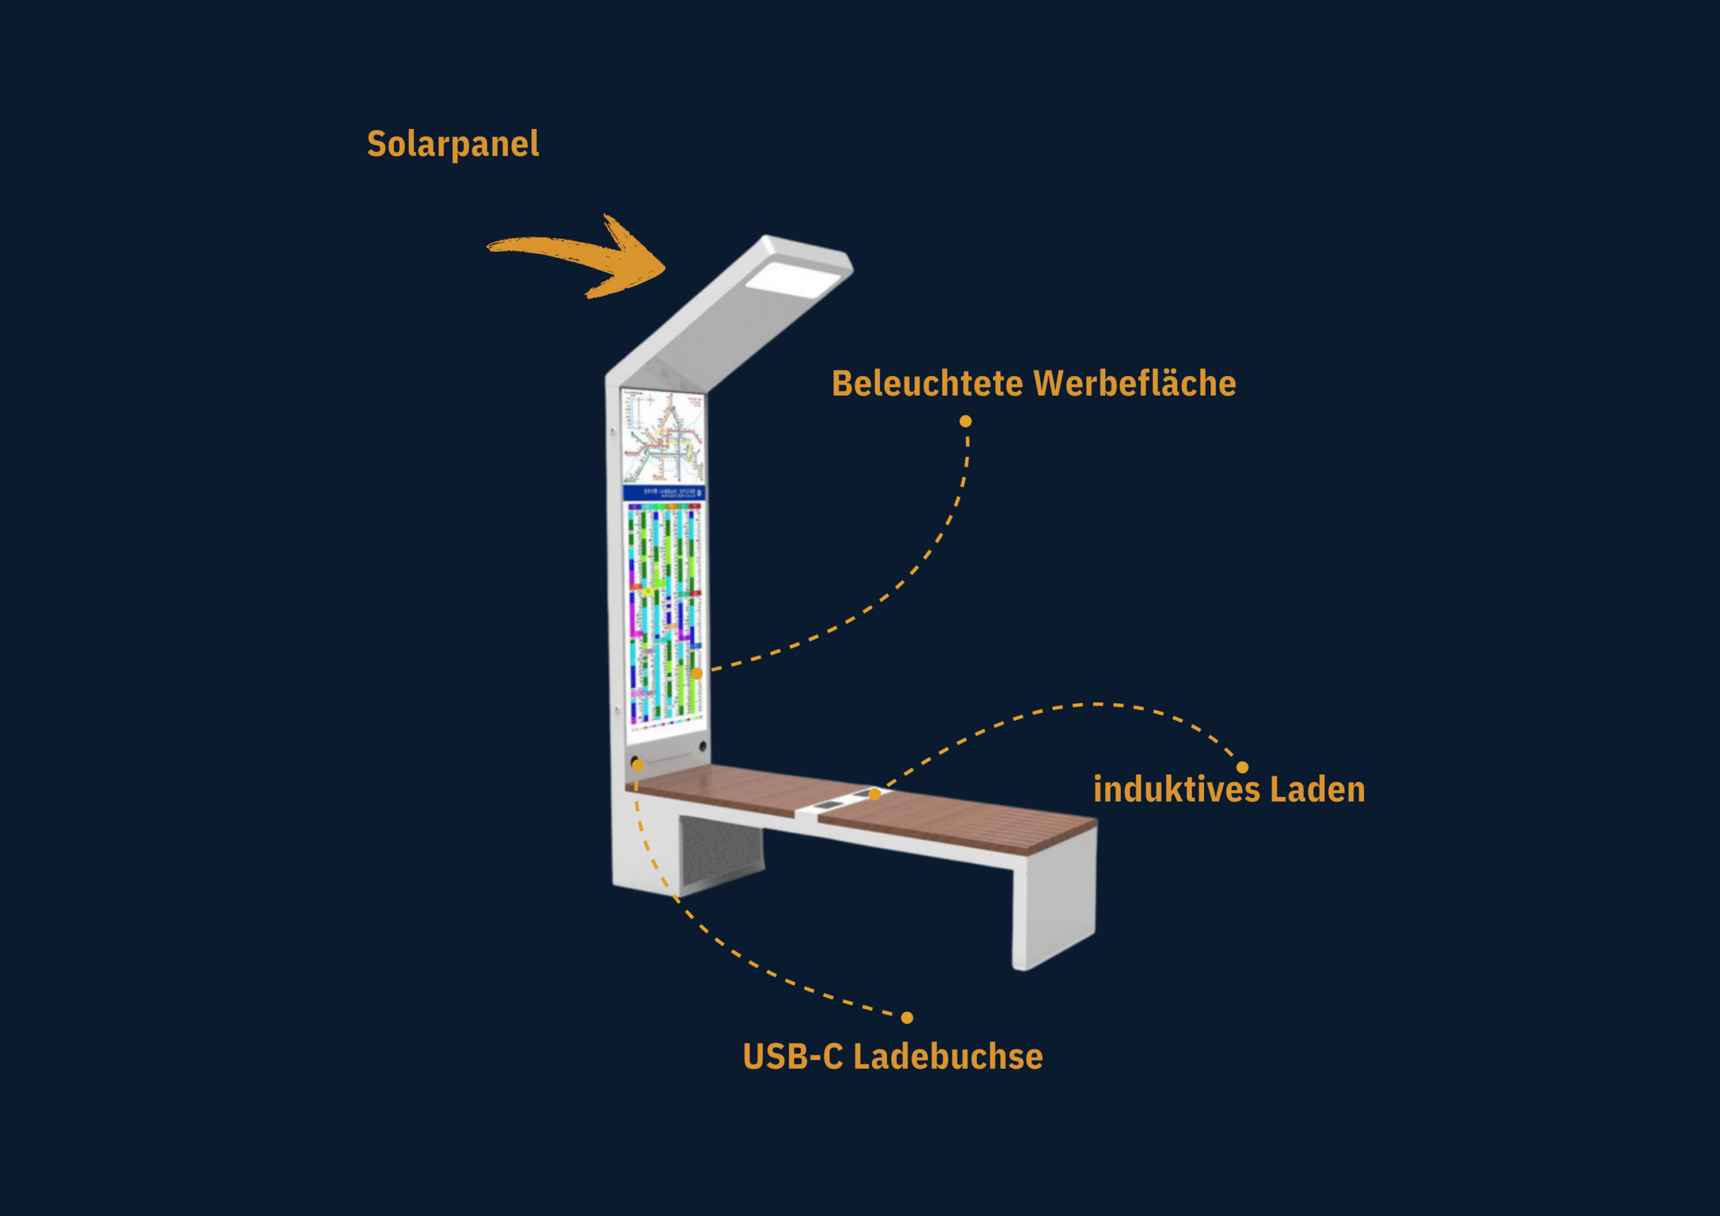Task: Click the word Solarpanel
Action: point(452,144)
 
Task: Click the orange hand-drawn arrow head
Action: point(633,259)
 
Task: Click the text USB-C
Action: point(793,1056)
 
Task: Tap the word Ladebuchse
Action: point(947,1056)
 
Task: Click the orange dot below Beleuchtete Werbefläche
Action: point(965,421)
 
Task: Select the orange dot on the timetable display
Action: point(697,674)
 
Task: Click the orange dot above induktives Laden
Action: point(1242,767)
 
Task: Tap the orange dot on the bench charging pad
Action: point(874,794)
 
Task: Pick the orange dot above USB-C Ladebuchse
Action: point(907,1017)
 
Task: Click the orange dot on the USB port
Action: point(638,765)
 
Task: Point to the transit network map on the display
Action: point(664,437)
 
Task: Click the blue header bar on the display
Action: point(664,492)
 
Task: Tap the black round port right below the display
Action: point(703,746)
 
